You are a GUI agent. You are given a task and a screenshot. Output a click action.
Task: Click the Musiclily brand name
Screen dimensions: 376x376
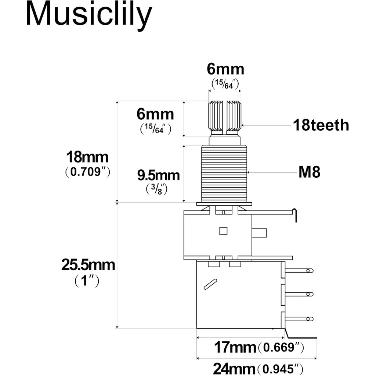point(88,15)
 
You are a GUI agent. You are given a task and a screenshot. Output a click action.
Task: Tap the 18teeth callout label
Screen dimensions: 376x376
point(321,126)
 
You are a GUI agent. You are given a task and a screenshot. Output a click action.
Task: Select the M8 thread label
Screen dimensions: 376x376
point(309,172)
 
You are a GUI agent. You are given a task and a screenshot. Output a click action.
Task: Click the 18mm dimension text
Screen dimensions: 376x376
point(87,158)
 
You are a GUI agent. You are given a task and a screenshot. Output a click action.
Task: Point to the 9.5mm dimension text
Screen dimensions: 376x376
point(158,176)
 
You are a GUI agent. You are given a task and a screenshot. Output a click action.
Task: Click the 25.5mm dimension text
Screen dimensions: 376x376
point(88,265)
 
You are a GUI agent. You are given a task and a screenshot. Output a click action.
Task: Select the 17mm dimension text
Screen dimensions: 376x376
point(235,347)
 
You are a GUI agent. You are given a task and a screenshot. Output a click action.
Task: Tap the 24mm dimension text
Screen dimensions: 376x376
point(234,368)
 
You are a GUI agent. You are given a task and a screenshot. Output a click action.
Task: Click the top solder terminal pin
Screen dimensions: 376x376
point(299,271)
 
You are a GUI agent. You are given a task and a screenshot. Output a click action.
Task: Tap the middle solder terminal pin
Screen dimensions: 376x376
point(299,294)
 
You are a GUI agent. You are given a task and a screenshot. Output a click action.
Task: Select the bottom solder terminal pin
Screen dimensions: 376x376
point(299,319)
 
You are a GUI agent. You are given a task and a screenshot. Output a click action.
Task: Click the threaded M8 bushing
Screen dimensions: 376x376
point(224,173)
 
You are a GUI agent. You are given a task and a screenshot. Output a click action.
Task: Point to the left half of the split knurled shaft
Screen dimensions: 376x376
point(215,116)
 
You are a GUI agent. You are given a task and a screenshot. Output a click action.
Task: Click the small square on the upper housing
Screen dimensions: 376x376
point(223,231)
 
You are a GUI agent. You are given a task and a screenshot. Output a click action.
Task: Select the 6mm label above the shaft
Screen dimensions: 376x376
point(225,69)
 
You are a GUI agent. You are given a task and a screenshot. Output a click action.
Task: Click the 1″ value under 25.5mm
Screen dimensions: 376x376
point(87,281)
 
